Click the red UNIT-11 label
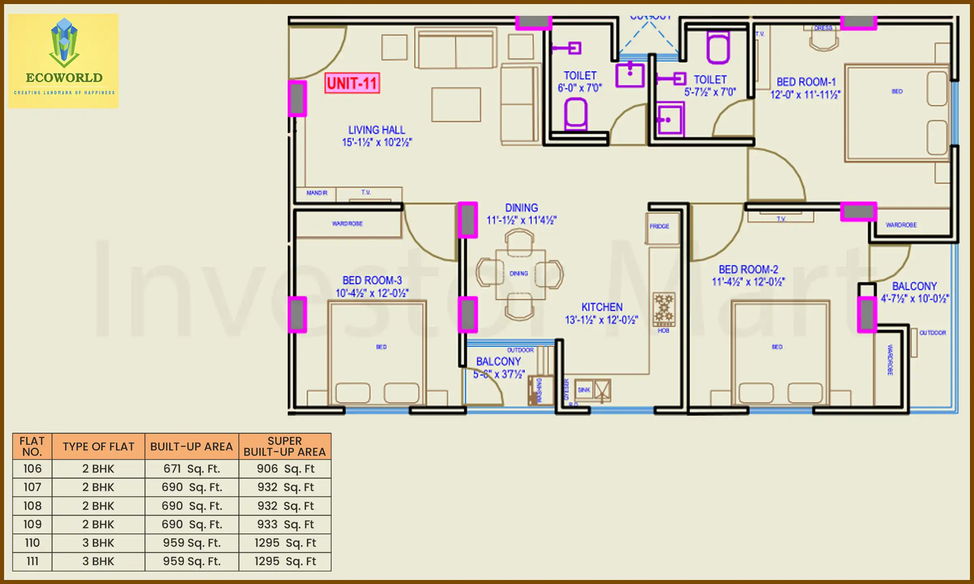coord(352,84)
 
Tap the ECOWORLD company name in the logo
coord(64,77)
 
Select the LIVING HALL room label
coord(377,130)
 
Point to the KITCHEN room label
coord(602,307)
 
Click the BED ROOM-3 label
coord(372,281)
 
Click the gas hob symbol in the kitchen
coord(664,309)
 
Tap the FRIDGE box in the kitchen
coord(660,226)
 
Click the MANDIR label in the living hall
coord(317,193)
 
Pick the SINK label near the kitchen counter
coord(584,390)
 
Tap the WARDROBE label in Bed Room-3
coord(347,224)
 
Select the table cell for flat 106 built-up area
coord(192,469)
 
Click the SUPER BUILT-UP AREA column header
coord(284,447)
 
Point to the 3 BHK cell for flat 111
coord(98,562)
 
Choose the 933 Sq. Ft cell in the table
coord(285,525)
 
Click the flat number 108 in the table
coord(32,506)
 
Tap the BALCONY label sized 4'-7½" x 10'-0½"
coord(914,287)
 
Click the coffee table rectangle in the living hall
coord(456,105)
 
